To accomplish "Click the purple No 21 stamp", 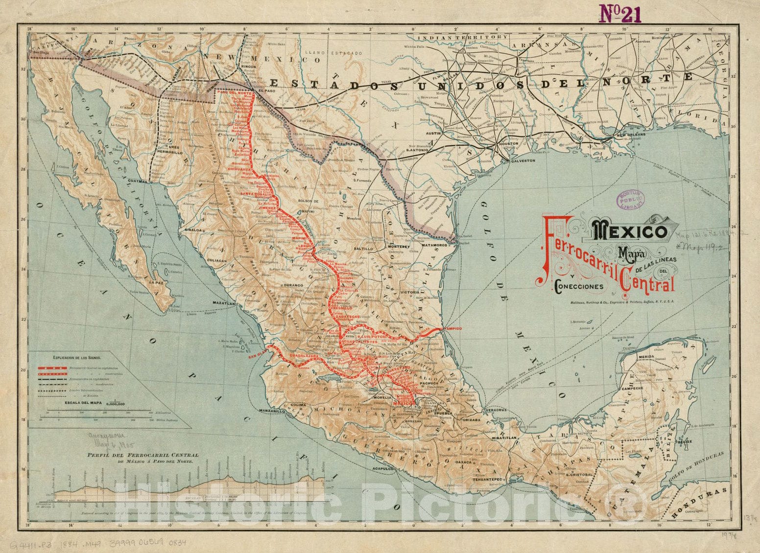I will click(x=617, y=15).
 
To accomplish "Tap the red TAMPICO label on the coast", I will click(x=451, y=328).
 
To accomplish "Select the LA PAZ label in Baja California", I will click(x=156, y=282).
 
